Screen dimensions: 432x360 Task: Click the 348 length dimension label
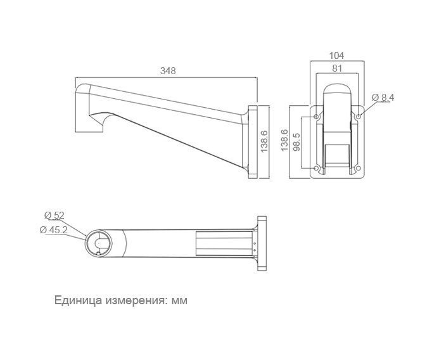click(168, 71)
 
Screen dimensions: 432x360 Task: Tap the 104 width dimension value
click(337, 56)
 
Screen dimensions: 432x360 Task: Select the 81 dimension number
click(337, 68)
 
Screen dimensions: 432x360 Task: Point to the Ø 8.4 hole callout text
click(383, 98)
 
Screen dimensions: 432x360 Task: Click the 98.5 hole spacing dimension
click(296, 142)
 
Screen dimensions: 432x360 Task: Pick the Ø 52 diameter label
click(54, 215)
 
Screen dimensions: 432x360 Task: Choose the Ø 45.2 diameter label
click(53, 229)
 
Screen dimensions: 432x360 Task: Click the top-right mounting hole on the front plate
click(358, 117)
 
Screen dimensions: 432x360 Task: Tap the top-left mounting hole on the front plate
click(317, 117)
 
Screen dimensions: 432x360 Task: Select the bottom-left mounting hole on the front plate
click(317, 168)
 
